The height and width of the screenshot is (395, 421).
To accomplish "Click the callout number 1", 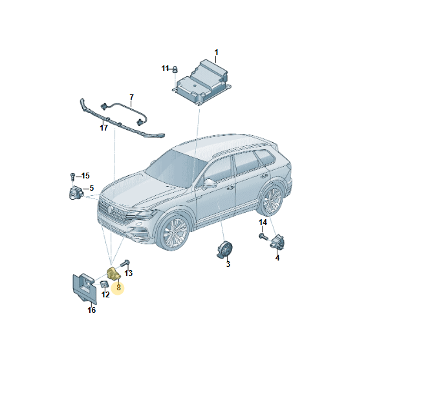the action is [x=217, y=52].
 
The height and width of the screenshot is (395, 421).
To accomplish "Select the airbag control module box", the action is [x=201, y=82].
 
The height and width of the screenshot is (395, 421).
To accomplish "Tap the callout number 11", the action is [x=165, y=69].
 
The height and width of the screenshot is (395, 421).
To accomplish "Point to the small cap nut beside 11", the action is [x=175, y=69].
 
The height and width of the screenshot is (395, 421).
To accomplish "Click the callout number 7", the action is [x=131, y=97].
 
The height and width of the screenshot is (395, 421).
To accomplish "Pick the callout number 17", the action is [x=104, y=128].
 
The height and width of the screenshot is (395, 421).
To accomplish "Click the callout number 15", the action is [x=85, y=176].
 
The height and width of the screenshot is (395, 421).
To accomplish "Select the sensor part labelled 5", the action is [x=76, y=192].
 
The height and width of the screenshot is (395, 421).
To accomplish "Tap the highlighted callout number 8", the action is [x=118, y=288].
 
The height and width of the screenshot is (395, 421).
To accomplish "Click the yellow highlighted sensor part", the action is [x=113, y=273].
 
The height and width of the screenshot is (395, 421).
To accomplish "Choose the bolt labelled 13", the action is [x=125, y=263].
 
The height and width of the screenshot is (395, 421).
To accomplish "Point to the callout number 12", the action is [x=105, y=295].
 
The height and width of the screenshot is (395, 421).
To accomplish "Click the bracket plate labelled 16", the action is [x=84, y=288].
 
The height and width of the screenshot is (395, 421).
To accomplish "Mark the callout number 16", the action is [x=92, y=310].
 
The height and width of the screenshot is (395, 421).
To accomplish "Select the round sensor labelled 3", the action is [x=224, y=250].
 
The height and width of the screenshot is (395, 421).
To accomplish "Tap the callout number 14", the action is [x=263, y=222].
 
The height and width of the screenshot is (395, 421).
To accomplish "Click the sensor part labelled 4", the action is [x=277, y=242].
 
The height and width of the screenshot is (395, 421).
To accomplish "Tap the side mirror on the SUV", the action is [x=209, y=184].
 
